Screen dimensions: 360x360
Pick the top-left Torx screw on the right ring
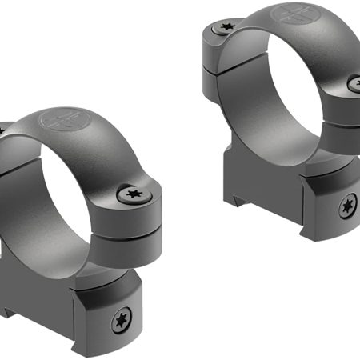click(x=222, y=29)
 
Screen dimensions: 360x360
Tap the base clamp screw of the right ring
click(x=346, y=207)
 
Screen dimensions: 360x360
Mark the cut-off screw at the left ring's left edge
click(x=2, y=128)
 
